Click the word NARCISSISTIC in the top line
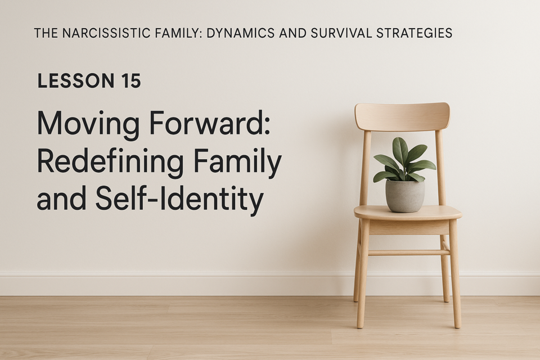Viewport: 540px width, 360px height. pyautogui.click(x=107, y=33)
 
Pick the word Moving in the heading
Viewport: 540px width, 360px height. pyautogui.click(x=88, y=124)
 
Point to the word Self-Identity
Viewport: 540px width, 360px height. pyautogui.click(x=179, y=200)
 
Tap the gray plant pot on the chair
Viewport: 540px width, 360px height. pyautogui.click(x=404, y=196)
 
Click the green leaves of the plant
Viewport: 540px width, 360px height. pyautogui.click(x=404, y=160)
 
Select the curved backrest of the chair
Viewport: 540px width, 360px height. pyautogui.click(x=402, y=117)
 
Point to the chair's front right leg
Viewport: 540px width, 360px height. pyautogui.click(x=454, y=274)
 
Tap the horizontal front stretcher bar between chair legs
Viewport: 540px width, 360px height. pyautogui.click(x=408, y=253)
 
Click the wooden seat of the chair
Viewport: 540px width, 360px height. pyautogui.click(x=408, y=213)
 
